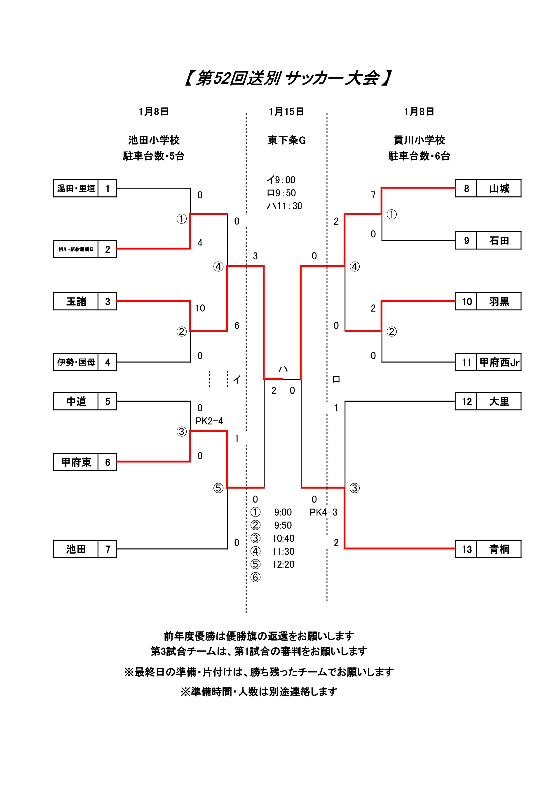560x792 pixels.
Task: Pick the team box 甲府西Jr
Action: [499, 362]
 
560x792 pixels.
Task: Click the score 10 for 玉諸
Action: [200, 308]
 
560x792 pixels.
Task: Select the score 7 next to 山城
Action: [373, 195]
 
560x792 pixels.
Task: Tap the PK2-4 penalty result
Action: [209, 421]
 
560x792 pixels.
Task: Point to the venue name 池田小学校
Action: [154, 140]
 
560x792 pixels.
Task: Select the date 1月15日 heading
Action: [286, 112]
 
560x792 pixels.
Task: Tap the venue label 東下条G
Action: [287, 140]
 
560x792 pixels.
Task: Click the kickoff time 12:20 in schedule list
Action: [283, 564]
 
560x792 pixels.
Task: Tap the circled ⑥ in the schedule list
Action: [255, 578]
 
